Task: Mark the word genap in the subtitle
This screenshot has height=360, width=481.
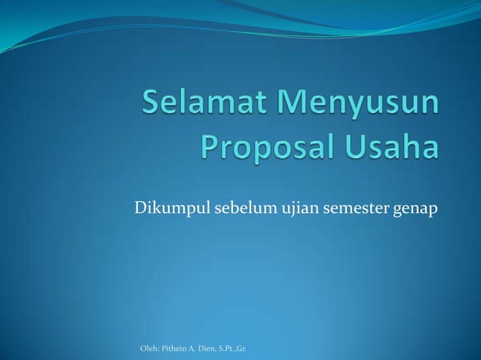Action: click(411, 208)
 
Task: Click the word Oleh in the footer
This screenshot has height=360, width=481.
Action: click(149, 348)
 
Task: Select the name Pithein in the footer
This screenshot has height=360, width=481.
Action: click(172, 348)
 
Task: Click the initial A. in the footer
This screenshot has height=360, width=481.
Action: click(191, 348)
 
